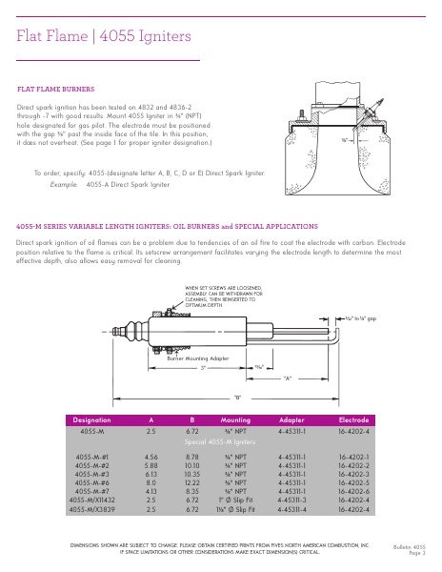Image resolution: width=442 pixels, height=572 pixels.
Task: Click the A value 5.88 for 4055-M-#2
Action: tap(151, 465)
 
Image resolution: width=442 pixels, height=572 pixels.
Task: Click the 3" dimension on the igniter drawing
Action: tap(202, 367)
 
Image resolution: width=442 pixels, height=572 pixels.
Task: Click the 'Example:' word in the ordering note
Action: tap(64, 183)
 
